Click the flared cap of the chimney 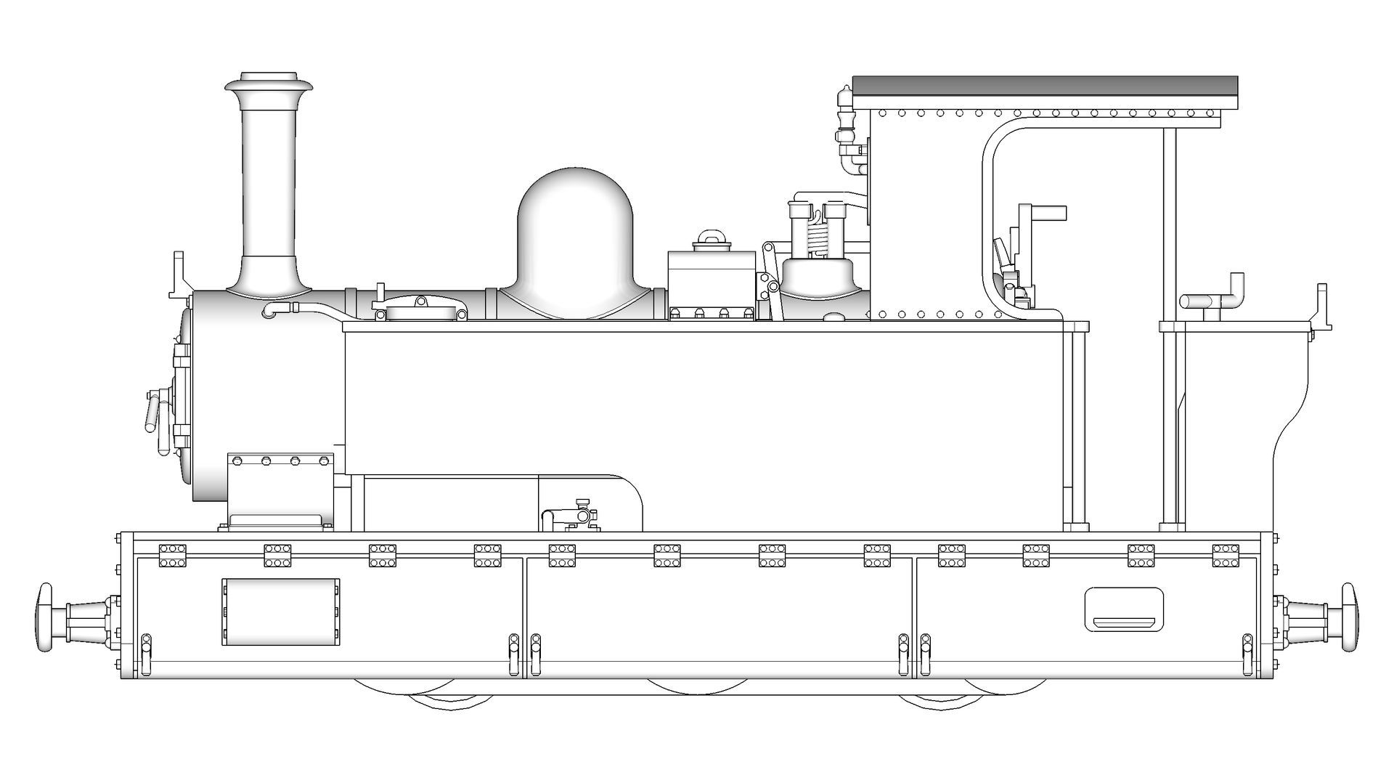tap(269, 84)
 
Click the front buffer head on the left tap(44, 617)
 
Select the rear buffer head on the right tap(1350, 617)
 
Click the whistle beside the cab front tap(844, 116)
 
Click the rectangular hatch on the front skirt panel tap(280, 612)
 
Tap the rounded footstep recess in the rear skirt tap(1123, 610)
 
